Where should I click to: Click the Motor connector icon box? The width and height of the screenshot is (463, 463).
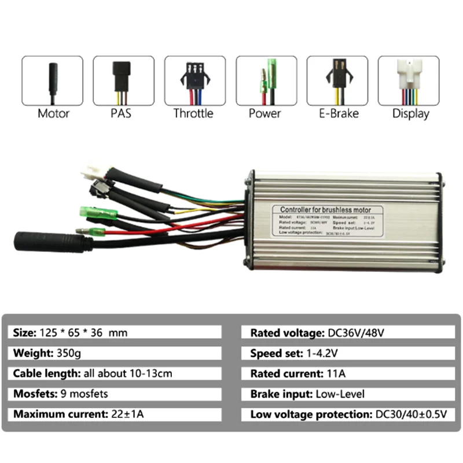click(x=53, y=80)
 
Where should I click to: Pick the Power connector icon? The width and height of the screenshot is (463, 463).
click(x=266, y=80)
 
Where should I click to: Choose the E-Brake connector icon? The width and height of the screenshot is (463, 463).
click(x=337, y=80)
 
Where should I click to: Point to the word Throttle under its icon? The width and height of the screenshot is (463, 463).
click(x=193, y=113)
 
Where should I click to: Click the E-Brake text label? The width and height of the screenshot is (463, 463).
click(x=337, y=113)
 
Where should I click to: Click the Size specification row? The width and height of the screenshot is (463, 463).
click(x=116, y=332)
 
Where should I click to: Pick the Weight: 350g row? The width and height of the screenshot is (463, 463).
click(x=116, y=352)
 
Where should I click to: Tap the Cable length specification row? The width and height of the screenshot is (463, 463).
click(x=116, y=373)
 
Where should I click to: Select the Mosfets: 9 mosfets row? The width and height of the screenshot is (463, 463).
click(x=116, y=394)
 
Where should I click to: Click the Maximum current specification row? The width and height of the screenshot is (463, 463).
click(x=116, y=414)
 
